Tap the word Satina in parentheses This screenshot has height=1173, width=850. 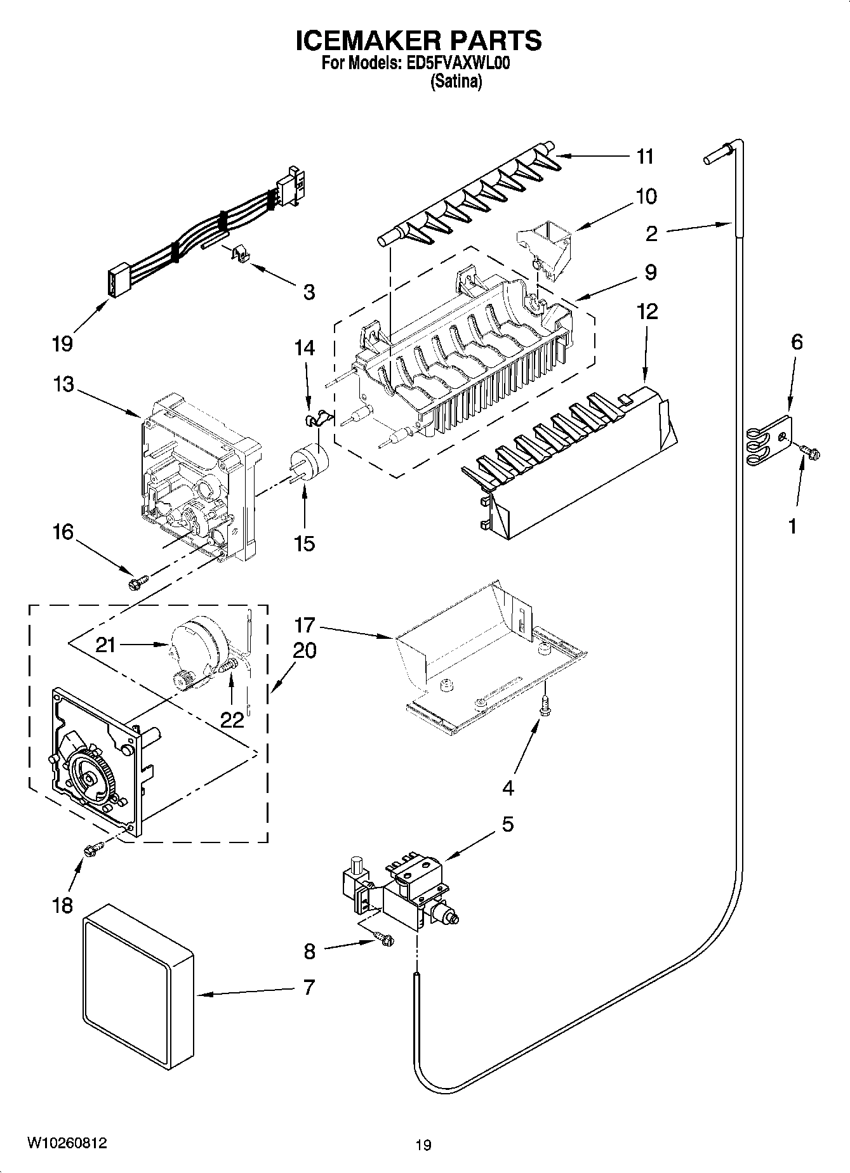456,82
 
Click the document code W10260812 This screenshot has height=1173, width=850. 66,1143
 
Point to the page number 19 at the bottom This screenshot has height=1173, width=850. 423,1144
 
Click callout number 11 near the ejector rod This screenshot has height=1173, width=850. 645,156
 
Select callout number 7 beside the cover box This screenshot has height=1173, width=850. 309,987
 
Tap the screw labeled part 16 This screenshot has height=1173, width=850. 138,580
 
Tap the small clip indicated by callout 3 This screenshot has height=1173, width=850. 241,254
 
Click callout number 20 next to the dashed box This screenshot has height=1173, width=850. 305,651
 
